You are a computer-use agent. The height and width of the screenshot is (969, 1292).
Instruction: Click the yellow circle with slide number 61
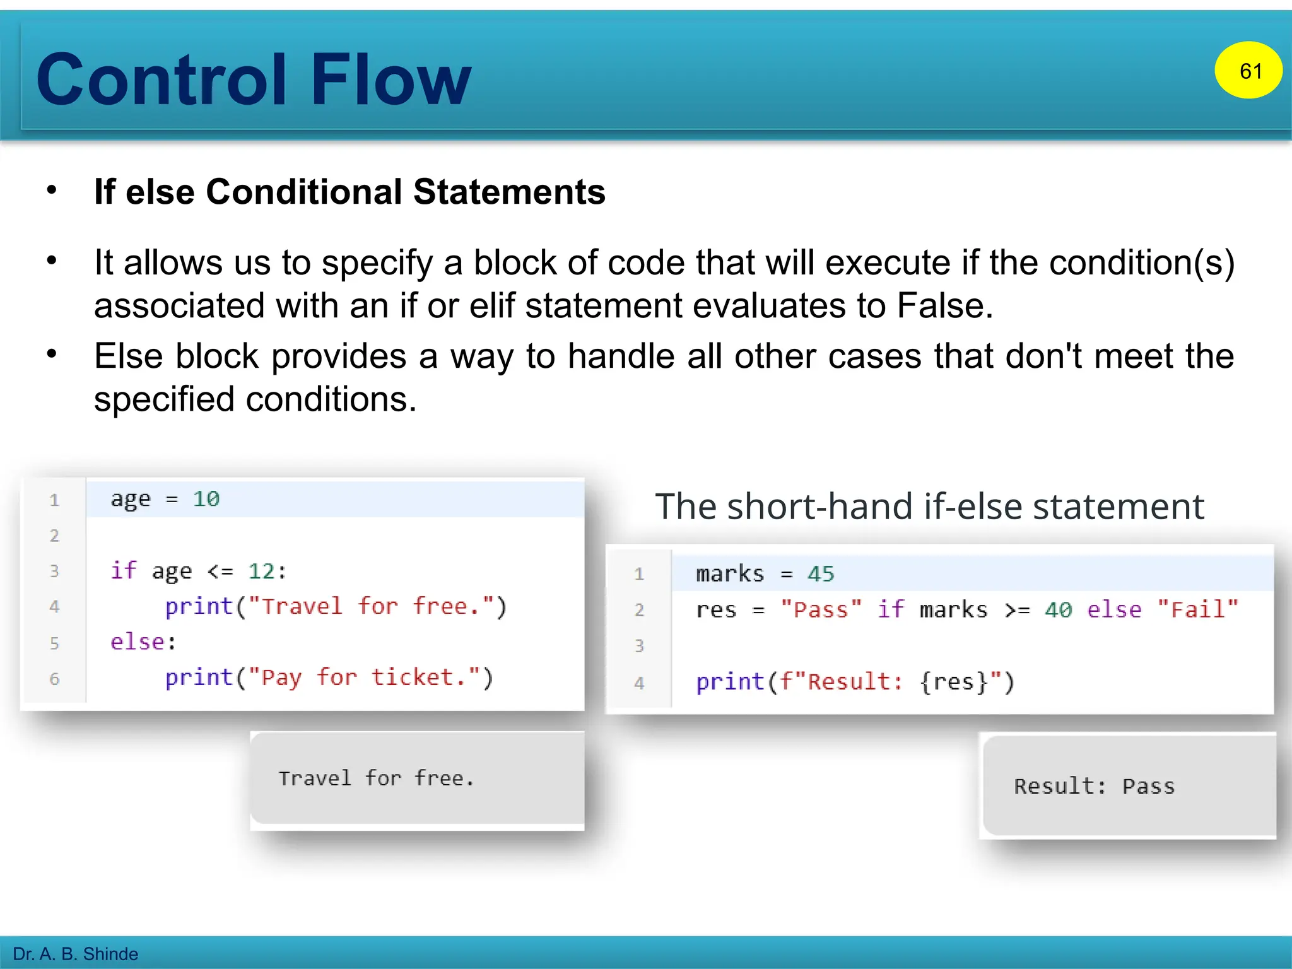(x=1248, y=70)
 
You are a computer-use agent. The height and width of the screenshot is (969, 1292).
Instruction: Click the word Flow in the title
(x=391, y=80)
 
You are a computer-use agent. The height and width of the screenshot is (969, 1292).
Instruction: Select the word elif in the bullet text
(x=493, y=306)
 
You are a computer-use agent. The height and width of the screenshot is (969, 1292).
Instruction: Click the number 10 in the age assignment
(x=206, y=499)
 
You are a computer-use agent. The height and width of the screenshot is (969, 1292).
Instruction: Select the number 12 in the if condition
(x=262, y=572)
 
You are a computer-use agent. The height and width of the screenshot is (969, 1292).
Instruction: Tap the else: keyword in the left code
(x=143, y=642)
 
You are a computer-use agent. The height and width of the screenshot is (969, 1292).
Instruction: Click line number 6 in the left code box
(x=54, y=679)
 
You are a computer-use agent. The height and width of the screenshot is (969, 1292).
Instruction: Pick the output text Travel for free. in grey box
(x=376, y=778)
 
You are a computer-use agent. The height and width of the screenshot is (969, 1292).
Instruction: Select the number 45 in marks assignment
(x=820, y=574)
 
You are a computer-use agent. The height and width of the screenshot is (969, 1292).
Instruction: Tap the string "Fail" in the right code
(x=1197, y=610)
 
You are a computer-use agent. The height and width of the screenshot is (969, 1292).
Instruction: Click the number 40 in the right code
(x=1058, y=610)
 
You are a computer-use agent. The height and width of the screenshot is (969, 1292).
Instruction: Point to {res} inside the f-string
(x=953, y=682)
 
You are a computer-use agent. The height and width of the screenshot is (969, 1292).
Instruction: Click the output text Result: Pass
(x=1094, y=787)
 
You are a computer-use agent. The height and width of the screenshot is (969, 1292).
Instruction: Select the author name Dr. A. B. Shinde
(x=75, y=954)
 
